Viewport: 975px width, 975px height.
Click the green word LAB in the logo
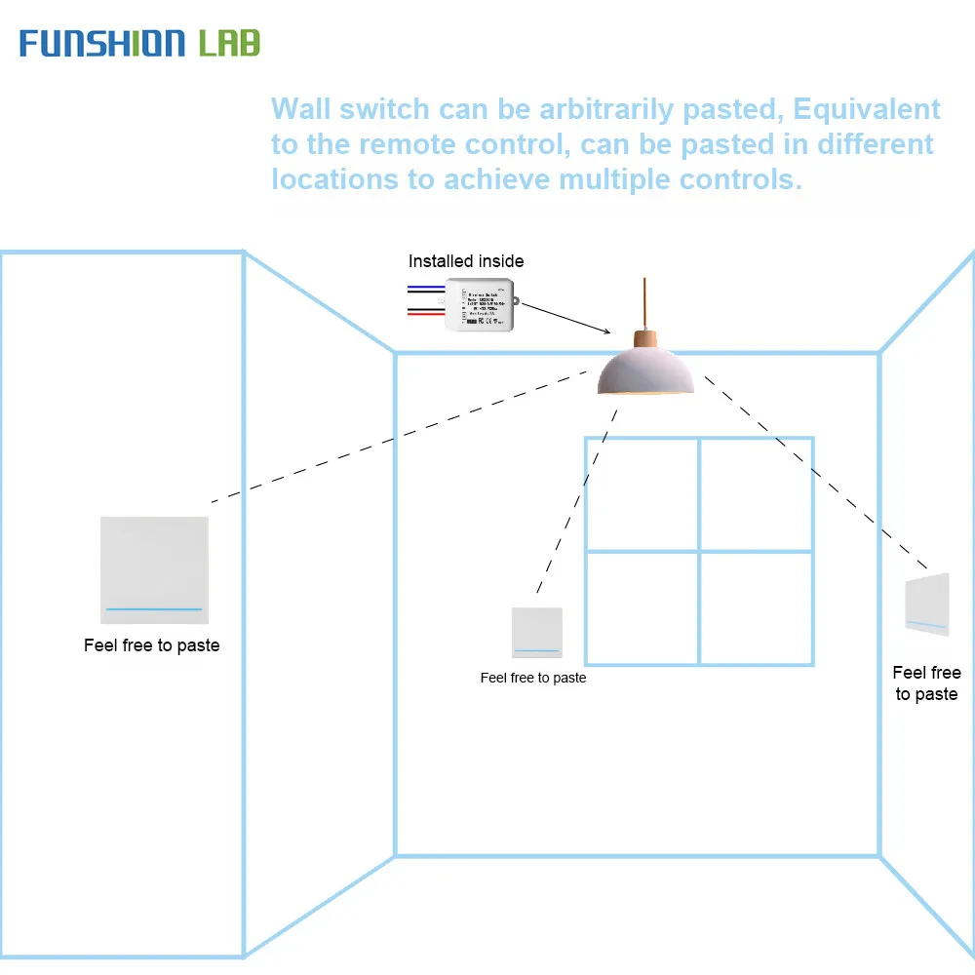click(229, 43)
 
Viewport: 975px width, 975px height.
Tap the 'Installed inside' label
click(465, 261)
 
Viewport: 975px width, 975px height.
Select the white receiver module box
click(480, 304)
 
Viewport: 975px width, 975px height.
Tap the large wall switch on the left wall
click(154, 570)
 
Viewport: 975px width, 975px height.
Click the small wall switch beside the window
click(536, 632)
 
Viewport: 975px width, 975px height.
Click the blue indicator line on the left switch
click(154, 609)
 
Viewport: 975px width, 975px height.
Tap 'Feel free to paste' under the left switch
click(152, 645)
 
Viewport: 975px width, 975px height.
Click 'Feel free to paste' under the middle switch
click(533, 678)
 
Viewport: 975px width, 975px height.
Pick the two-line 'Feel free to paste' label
click(926, 683)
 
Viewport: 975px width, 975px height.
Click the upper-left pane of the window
click(642, 494)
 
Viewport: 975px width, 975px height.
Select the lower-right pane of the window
click(757, 608)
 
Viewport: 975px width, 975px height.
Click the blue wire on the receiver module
click(426, 289)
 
